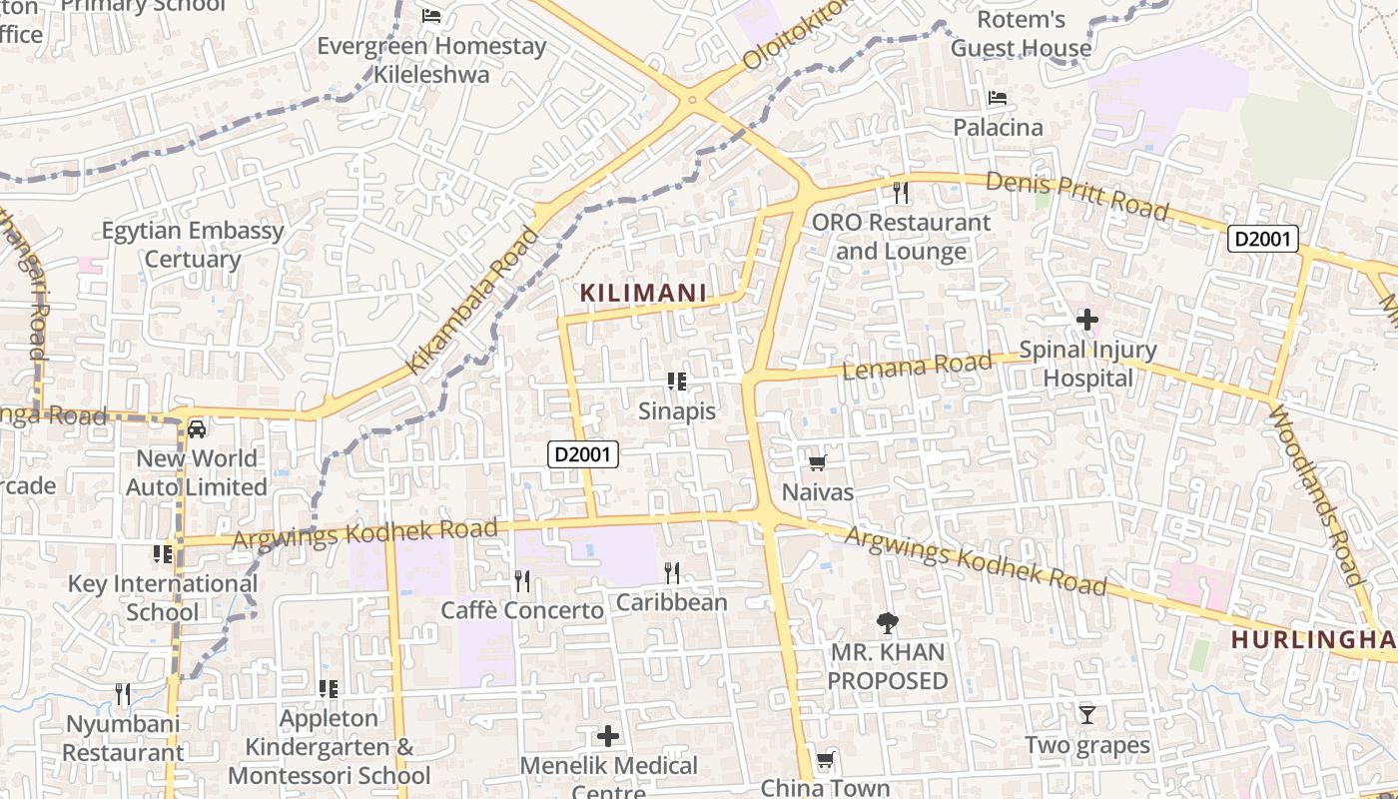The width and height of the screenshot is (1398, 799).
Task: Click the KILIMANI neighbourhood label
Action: pyautogui.click(x=643, y=293)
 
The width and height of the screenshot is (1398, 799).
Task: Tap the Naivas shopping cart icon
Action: pyautogui.click(x=817, y=462)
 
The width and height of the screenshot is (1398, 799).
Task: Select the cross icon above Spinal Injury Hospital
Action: pyautogui.click(x=1086, y=320)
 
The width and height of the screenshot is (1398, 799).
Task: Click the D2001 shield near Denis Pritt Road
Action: pyautogui.click(x=1263, y=239)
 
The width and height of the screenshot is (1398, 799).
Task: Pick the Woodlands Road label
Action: pyautogui.click(x=1316, y=495)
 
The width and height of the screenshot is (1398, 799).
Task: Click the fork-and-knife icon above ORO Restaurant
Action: pyautogui.click(x=901, y=192)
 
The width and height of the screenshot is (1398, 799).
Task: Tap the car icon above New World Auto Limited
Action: pyautogui.click(x=197, y=428)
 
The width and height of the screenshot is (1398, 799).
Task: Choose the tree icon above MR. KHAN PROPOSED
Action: pyautogui.click(x=886, y=623)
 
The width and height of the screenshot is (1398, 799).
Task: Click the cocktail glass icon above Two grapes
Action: pyautogui.click(x=1086, y=714)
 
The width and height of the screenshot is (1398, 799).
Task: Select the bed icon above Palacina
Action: pyautogui.click(x=997, y=98)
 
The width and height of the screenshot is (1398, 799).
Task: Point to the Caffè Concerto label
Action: pyautogui.click(x=522, y=610)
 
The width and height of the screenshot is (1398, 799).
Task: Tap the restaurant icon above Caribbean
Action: pyautogui.click(x=672, y=572)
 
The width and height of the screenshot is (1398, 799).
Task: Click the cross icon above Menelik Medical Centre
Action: pyautogui.click(x=608, y=737)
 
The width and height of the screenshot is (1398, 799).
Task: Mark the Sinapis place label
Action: pyautogui.click(x=677, y=410)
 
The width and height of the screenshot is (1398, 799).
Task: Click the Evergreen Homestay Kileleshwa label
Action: pyautogui.click(x=431, y=60)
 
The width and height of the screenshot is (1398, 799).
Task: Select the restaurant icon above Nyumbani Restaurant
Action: pyautogui.click(x=123, y=693)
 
